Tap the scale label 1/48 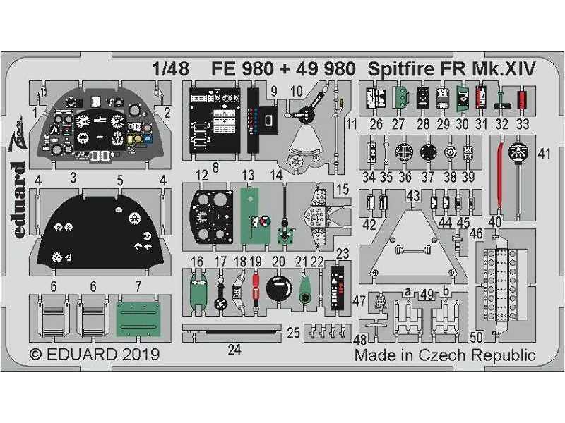169,68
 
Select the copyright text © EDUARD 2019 94,354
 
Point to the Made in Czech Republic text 445,355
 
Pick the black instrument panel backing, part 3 99,229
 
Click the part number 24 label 234,348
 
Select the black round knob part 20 277,290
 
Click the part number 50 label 477,336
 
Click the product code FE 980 241,68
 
